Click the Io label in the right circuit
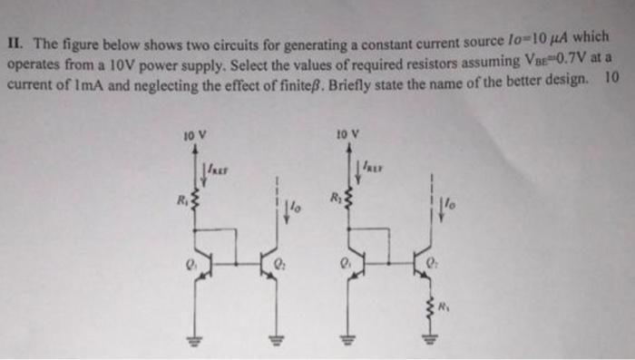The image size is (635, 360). pos(448,205)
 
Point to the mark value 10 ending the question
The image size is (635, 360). pos(611,78)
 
